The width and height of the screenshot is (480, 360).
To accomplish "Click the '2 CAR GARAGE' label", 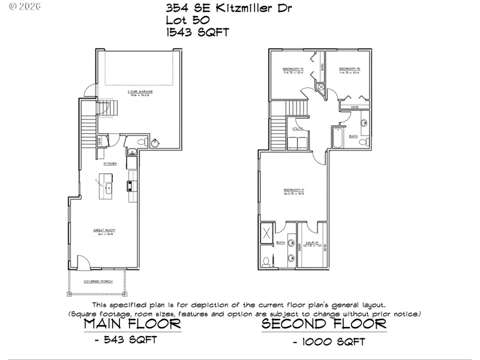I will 137,92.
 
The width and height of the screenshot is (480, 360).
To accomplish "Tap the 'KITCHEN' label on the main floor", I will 110,163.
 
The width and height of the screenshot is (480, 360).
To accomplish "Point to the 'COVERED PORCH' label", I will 97,281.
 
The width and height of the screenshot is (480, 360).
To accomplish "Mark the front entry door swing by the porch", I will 83,262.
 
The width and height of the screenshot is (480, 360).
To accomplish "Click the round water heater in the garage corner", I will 156,143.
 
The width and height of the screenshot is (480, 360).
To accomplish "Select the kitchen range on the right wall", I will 130,186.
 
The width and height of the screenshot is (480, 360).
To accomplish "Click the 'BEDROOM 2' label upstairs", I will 293,69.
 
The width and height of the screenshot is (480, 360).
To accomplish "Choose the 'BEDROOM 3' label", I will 350,69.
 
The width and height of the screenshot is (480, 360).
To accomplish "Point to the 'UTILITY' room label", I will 298,129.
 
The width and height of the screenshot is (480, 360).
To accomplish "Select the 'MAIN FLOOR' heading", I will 133,323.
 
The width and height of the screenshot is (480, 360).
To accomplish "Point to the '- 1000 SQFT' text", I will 329,341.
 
